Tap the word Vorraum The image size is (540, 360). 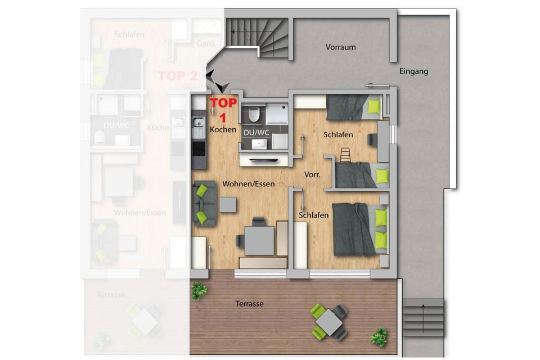tap(340, 47)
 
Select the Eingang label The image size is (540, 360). tap(413, 71)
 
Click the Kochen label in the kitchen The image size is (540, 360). tap(223, 129)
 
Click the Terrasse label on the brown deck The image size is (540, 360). tap(249, 304)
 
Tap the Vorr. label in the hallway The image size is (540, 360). tap(312, 175)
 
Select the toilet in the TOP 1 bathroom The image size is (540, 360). tap(253, 115)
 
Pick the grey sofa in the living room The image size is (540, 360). tap(204, 204)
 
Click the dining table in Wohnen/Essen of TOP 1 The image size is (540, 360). tap(259, 239)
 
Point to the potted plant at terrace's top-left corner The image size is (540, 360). tap(199, 290)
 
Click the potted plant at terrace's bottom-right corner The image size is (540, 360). tap(379, 337)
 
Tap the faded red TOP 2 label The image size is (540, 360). tap(178, 76)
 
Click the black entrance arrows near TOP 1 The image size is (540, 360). tap(216, 82)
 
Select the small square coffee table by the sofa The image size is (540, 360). tap(228, 204)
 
